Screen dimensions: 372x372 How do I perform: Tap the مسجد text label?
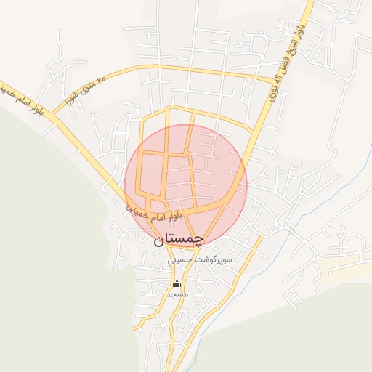177,295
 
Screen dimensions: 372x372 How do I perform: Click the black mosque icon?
176,283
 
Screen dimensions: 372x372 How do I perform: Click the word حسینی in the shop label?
179,259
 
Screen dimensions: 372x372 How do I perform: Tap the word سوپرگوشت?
212,258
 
